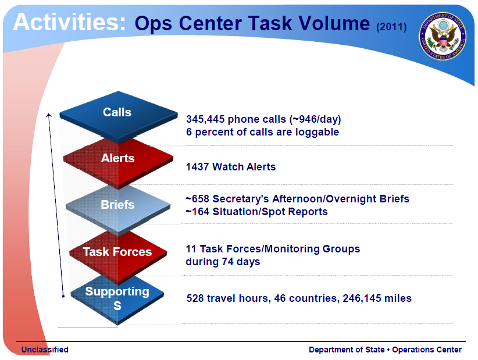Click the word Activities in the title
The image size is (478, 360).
tap(69, 22)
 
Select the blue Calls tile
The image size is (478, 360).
tap(117, 114)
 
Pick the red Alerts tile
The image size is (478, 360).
tap(117, 159)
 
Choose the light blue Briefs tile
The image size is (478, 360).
tap(117, 205)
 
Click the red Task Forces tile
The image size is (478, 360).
tap(117, 252)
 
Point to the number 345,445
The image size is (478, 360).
tap(205, 119)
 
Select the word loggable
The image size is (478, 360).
tap(318, 132)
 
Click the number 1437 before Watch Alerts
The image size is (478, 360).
tap(197, 167)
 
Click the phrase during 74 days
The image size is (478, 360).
tap(223, 262)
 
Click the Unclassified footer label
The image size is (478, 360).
tap(45, 350)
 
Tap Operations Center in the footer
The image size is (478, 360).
tap(427, 350)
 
